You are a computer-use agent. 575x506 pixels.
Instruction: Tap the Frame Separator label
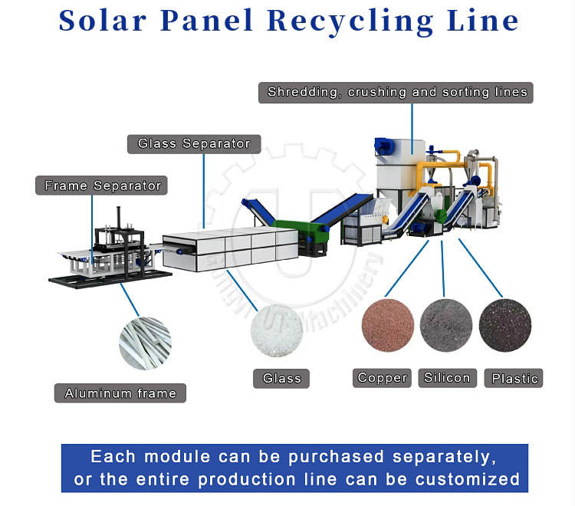tap(103, 186)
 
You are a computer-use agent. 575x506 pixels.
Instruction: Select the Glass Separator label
tap(194, 143)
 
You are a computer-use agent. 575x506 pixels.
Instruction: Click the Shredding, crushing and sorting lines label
tap(397, 92)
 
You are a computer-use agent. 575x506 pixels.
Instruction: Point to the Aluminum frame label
tap(120, 393)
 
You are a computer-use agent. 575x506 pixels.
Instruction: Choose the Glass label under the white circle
tap(281, 378)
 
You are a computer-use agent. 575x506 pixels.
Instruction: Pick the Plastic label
tap(514, 378)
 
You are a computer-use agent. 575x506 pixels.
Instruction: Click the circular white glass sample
tap(277, 330)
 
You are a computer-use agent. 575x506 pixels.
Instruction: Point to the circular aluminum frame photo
tap(145, 343)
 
